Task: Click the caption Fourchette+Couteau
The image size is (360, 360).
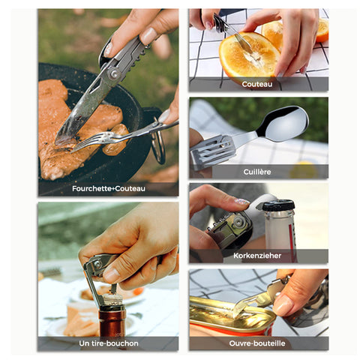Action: (109, 188)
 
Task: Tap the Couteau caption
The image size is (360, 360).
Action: (257, 84)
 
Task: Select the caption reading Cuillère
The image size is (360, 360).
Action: (257, 172)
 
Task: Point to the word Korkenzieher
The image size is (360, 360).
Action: (257, 256)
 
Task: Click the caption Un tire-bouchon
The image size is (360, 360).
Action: (109, 343)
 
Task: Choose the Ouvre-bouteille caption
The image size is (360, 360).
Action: (257, 343)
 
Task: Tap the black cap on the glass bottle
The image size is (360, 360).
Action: (278, 205)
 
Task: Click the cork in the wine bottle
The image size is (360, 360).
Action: (112, 299)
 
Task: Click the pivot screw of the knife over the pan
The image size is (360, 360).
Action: (115, 73)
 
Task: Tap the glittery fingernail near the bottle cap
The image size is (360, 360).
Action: (241, 201)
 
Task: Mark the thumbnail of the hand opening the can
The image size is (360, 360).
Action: (282, 305)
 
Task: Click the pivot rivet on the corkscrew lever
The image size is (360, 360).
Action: (97, 264)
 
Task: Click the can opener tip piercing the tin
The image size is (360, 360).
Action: (238, 309)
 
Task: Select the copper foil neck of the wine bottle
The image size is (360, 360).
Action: (112, 321)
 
